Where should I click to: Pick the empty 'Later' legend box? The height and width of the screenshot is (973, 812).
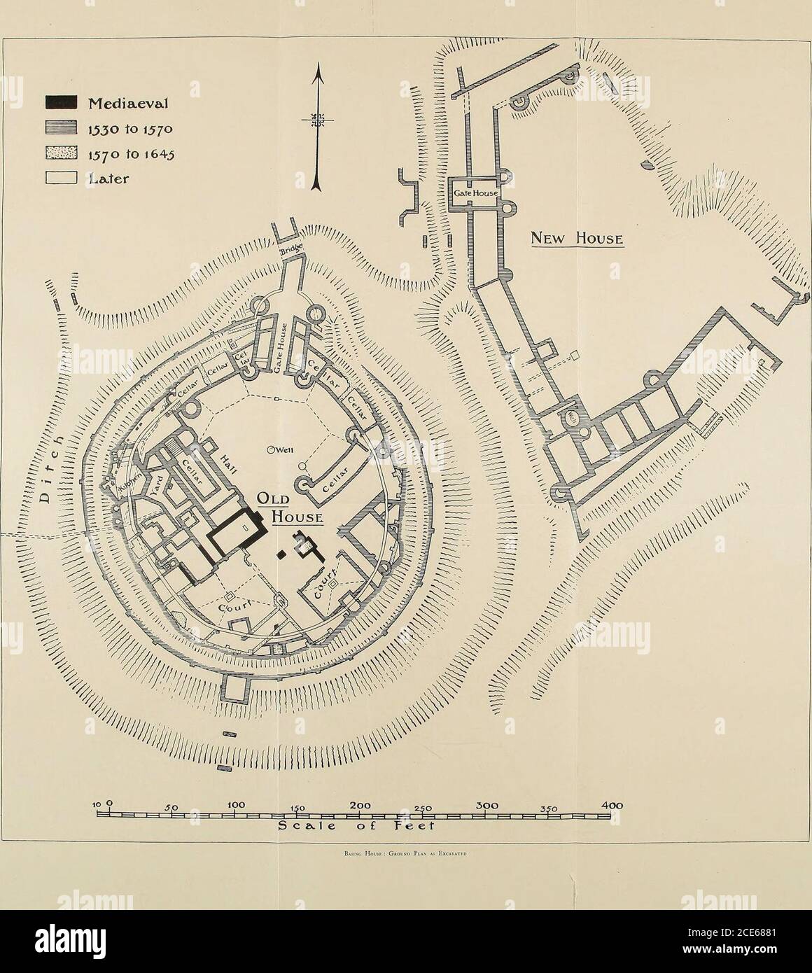point(61,178)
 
